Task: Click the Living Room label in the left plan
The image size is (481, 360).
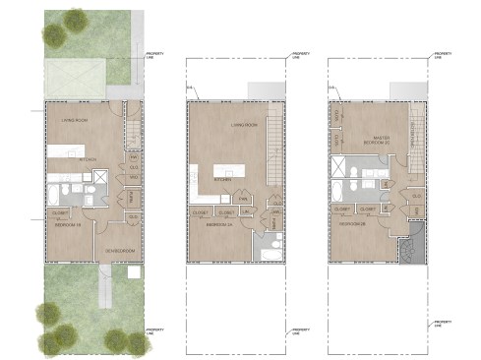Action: coord(74,121)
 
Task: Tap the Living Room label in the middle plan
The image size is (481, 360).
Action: coord(244,126)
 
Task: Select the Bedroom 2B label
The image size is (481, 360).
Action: coord(352,223)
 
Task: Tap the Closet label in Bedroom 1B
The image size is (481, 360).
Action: coord(59,211)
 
